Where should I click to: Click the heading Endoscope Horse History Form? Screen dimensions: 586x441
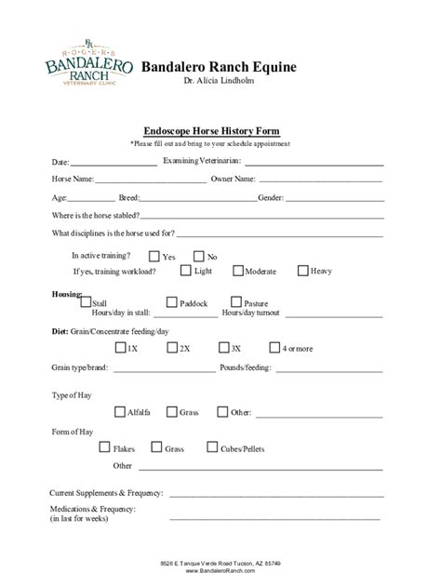click(x=211, y=131)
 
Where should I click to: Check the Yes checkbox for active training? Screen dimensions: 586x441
click(x=153, y=256)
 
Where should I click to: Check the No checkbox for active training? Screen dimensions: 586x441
click(x=198, y=256)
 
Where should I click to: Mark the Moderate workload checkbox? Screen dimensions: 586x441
click(x=238, y=271)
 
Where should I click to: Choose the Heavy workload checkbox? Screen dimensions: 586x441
click(x=303, y=271)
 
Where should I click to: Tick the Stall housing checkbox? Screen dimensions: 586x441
click(x=87, y=302)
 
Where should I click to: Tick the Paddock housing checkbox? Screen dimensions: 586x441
click(x=172, y=302)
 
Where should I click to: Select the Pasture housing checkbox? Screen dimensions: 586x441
click(x=235, y=302)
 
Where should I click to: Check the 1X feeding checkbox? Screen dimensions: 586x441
click(x=120, y=348)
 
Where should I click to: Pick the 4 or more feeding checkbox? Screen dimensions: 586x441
click(x=275, y=348)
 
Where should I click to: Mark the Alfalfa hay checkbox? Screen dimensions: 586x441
click(x=120, y=411)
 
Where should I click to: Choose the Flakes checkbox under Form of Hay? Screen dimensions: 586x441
click(x=104, y=447)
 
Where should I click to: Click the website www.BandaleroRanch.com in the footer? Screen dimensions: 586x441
click(x=220, y=571)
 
